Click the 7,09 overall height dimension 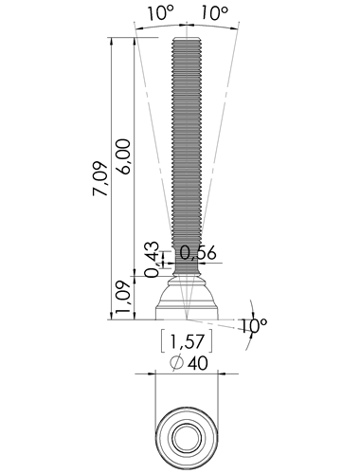click(100, 179)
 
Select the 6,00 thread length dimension click(123, 156)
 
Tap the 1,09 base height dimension click(123, 297)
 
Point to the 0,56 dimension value click(198, 253)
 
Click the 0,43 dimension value click(153, 260)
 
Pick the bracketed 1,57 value click(187, 341)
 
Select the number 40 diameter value click(198, 363)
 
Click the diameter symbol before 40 click(177, 362)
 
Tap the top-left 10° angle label click(161, 13)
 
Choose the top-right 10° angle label click(214, 13)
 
